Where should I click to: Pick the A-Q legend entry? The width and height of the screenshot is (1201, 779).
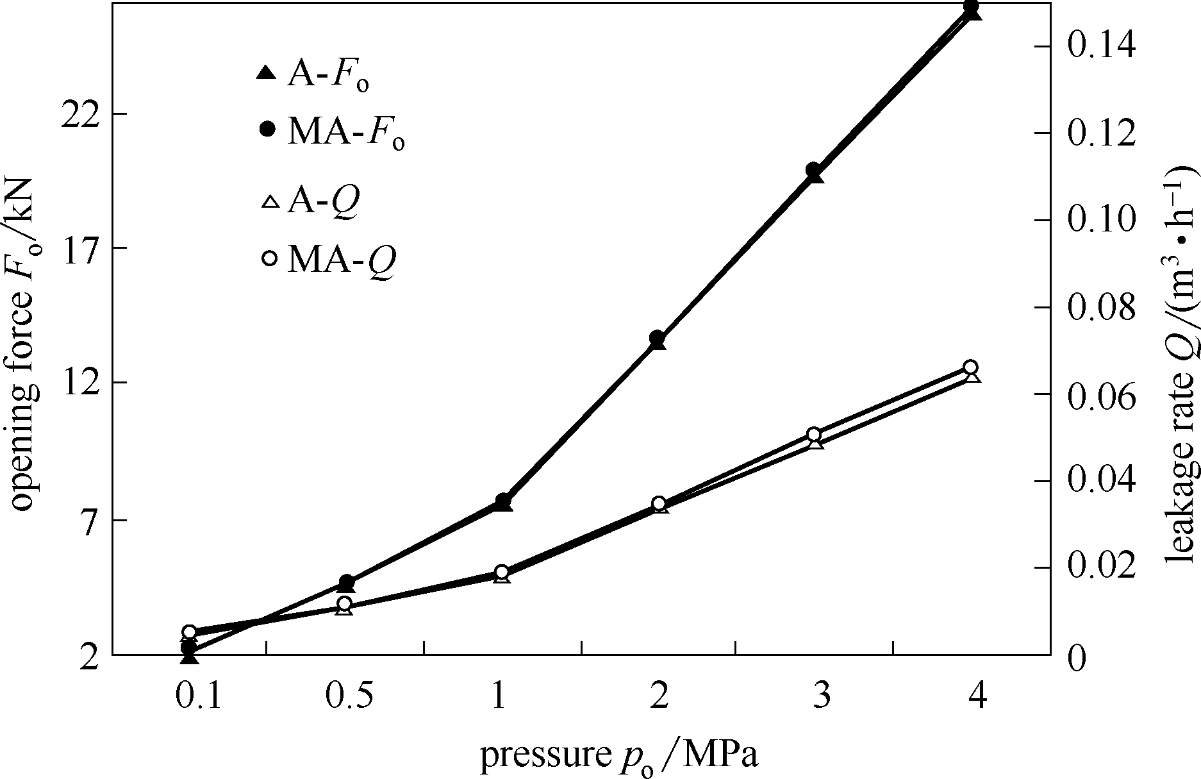pyautogui.click(x=310, y=201)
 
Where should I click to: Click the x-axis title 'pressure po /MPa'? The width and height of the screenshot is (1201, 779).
pyautogui.click(x=619, y=757)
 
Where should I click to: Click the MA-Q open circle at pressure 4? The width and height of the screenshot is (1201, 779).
pyautogui.click(x=970, y=367)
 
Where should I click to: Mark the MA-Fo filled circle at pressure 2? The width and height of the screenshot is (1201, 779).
pyautogui.click(x=657, y=338)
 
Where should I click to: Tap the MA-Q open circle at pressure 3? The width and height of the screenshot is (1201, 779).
pyautogui.click(x=814, y=434)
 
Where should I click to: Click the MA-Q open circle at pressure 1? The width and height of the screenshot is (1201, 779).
pyautogui.click(x=502, y=573)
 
